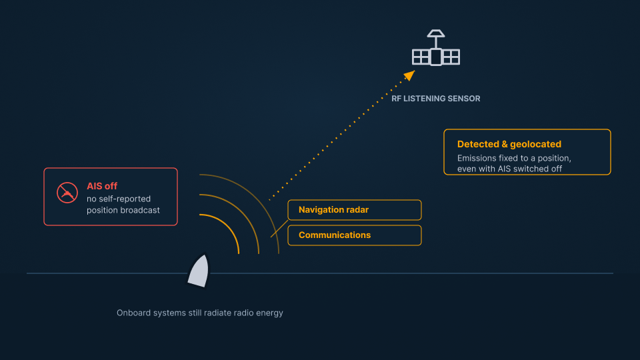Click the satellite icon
tap(436, 48)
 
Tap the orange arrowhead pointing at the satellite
tap(409, 75)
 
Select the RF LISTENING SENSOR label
tap(435, 99)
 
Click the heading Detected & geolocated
tap(509, 144)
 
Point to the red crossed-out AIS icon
tap(67, 193)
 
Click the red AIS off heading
tap(102, 186)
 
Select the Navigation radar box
tap(354, 210)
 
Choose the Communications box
tap(354, 235)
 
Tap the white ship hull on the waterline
tap(199, 271)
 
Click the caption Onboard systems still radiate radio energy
tap(199, 313)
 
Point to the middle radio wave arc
tap(244, 211)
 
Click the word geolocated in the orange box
tap(535, 144)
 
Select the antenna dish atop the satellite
tap(436, 33)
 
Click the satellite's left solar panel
tap(421, 57)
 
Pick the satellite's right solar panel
tap(451, 57)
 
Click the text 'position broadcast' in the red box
tap(123, 210)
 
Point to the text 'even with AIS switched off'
tap(509, 169)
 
